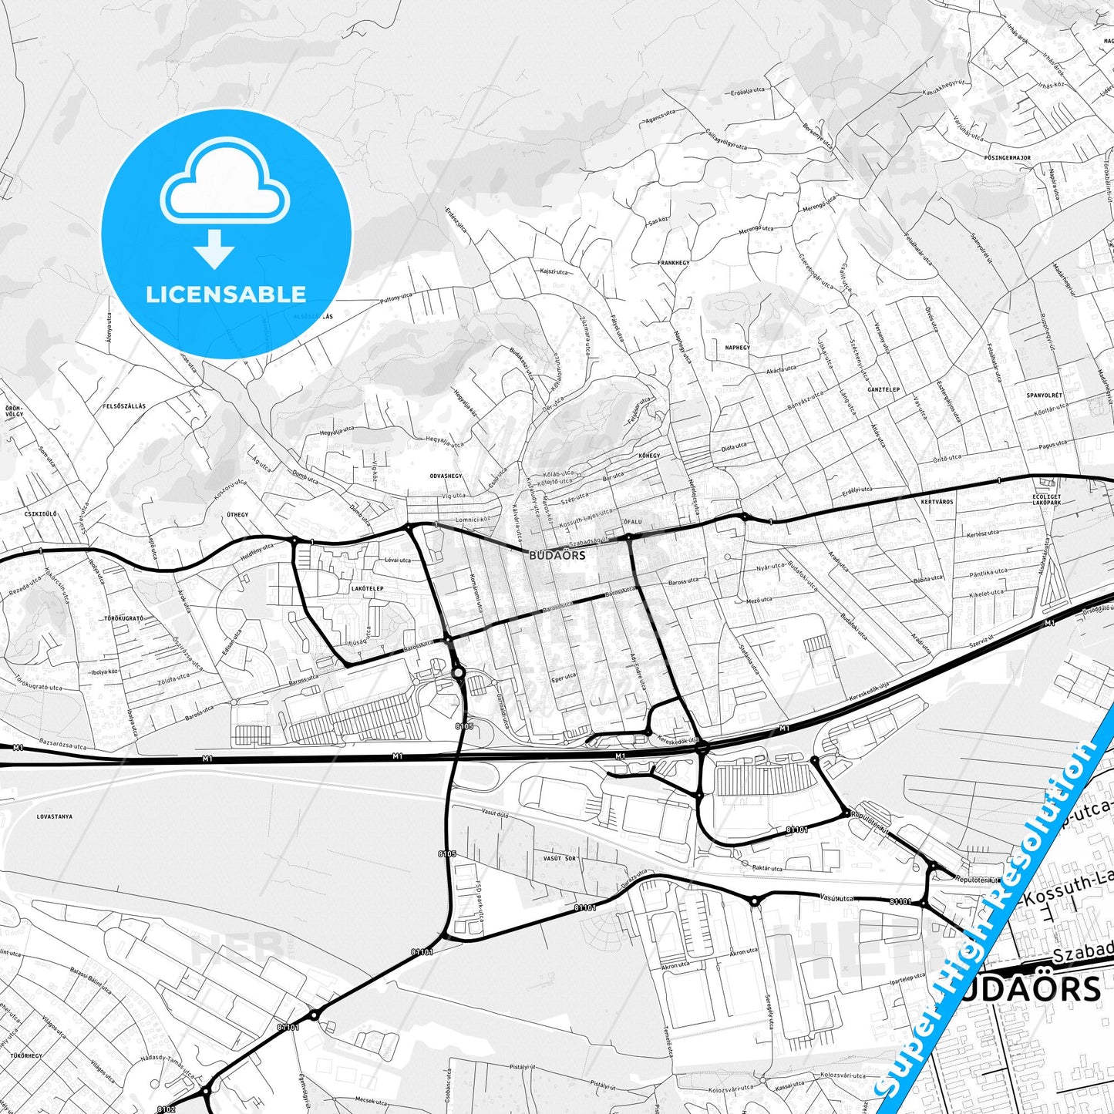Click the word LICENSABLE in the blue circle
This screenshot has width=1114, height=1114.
[x=226, y=294]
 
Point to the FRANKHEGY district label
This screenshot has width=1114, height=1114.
[x=673, y=263]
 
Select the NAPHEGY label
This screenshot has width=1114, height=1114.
[x=737, y=348]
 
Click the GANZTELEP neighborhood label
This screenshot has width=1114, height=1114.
[x=883, y=390]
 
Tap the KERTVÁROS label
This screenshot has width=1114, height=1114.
[x=937, y=502]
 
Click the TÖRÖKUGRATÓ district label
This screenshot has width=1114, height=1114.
[x=126, y=619]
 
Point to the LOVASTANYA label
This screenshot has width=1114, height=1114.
[x=54, y=816]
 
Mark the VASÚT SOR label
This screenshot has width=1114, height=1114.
[x=560, y=858]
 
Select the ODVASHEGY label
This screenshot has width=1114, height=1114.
[x=446, y=476]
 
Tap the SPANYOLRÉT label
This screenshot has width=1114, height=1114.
[x=1045, y=395]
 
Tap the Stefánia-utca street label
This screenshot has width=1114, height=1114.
[x=749, y=658]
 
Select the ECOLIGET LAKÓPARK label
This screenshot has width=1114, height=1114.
[x=1047, y=499]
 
